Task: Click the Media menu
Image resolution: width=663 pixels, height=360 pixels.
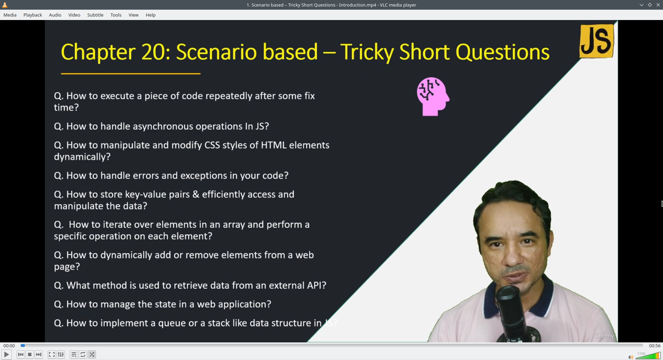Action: coord(10,15)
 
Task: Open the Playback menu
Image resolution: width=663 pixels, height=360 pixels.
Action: coord(33,15)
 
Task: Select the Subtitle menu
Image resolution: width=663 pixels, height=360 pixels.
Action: coord(95,15)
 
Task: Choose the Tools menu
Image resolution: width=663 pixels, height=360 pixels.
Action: coord(116,15)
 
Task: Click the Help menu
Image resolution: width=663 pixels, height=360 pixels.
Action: coord(151,15)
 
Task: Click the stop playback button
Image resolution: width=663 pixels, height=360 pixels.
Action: coord(30,354)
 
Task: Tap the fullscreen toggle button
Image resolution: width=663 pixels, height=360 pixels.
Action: coord(52,354)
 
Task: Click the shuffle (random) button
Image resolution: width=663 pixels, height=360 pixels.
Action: coord(92,354)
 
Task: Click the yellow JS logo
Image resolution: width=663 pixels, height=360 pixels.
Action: coord(597,41)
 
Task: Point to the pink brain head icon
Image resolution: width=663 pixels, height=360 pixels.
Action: coord(433,96)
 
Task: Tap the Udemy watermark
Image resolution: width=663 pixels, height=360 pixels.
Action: coord(604,335)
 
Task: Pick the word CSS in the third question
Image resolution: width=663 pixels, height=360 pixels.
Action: coord(212,145)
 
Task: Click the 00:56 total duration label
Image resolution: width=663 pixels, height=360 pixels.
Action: coord(655,346)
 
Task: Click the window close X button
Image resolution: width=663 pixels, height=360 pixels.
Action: coord(658,5)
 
